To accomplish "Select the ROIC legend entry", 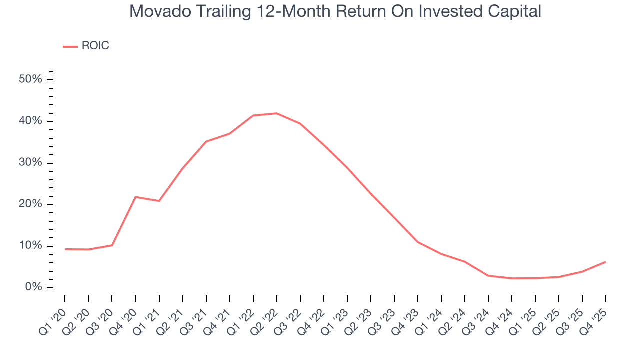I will tap(95, 46).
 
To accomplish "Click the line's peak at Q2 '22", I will tap(276, 113).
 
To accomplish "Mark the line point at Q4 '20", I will tap(135, 197).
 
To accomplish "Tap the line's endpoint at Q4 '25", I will tap(605, 262).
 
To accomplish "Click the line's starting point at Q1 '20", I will tap(65, 249).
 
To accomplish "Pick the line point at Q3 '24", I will tap(488, 276).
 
